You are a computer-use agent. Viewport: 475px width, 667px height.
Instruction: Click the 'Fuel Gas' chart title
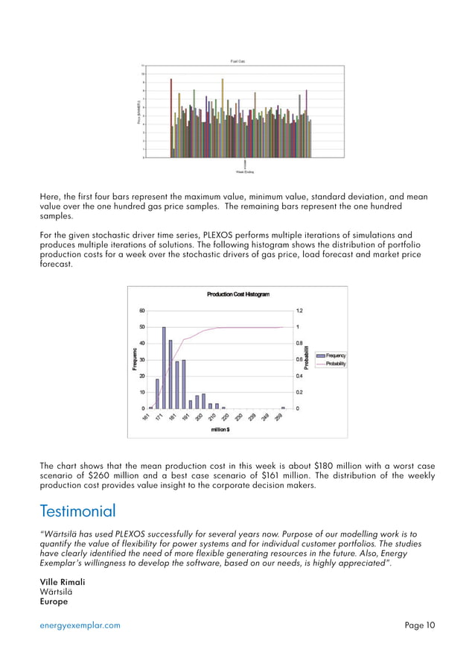click(x=238, y=61)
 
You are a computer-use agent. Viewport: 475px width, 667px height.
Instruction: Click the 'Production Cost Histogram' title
click(x=238, y=294)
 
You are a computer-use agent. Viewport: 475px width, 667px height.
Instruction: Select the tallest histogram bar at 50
click(x=164, y=367)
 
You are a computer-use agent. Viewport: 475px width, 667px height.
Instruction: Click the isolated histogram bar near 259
click(x=284, y=407)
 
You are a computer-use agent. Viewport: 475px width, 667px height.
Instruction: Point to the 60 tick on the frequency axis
click(x=141, y=311)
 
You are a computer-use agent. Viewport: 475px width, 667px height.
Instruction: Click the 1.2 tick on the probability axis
click(x=300, y=311)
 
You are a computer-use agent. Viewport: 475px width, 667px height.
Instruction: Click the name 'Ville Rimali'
click(x=63, y=581)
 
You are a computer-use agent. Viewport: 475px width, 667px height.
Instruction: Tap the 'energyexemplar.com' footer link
click(x=80, y=626)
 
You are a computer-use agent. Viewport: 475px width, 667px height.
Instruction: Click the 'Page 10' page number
click(x=420, y=626)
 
